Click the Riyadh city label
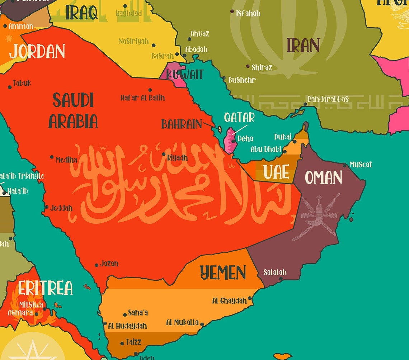click(177, 158)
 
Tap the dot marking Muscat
click(345, 165)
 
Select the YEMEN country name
click(223, 273)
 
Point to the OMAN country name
click(323, 177)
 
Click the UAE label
click(276, 172)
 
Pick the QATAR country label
click(239, 117)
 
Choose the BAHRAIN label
click(182, 124)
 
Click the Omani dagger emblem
click(318, 217)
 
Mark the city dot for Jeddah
click(47, 207)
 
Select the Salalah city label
click(275, 273)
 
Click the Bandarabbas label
click(328, 99)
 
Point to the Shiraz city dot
click(248, 66)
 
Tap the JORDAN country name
click(37, 52)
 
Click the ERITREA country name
click(45, 288)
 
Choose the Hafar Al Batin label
click(142, 98)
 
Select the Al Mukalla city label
click(182, 323)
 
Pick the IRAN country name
click(303, 46)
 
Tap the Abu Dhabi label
click(266, 150)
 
